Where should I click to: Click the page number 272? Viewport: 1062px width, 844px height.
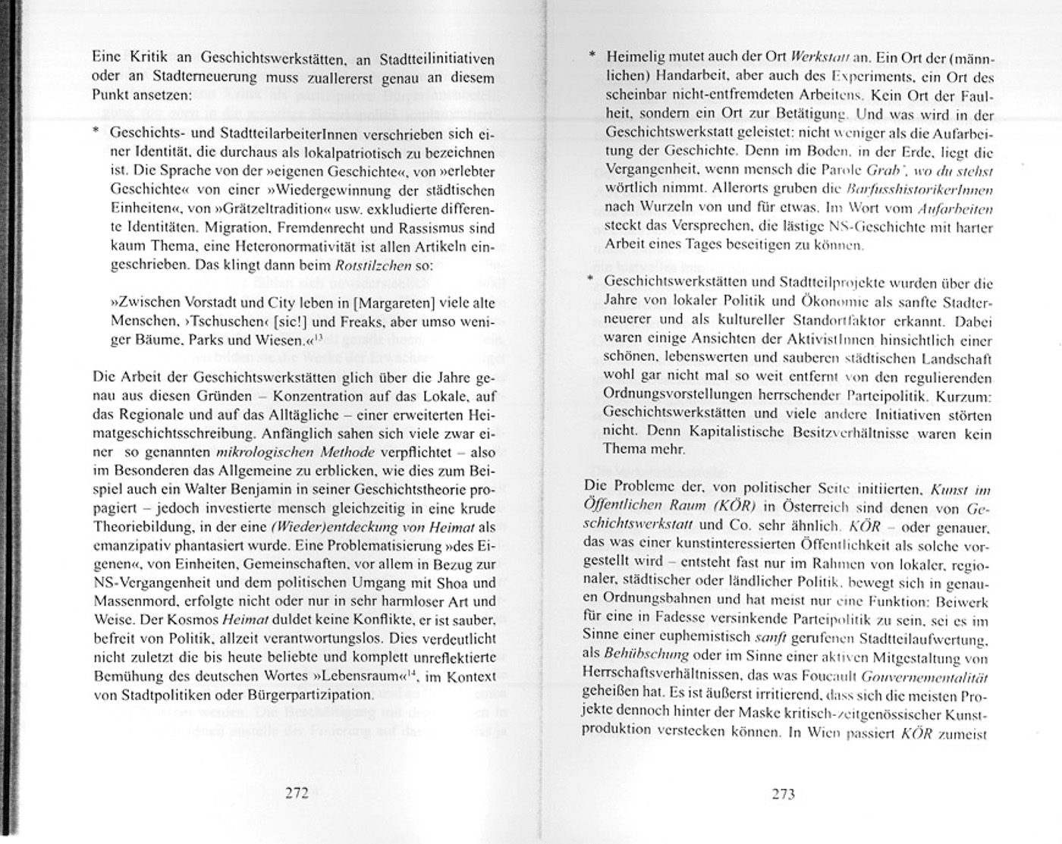(x=296, y=793)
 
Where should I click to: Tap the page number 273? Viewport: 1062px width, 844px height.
(x=783, y=794)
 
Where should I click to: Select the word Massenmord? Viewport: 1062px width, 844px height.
(x=130, y=601)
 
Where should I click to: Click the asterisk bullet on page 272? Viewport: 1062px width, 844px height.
(x=96, y=132)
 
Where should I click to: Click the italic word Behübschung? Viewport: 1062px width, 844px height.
(x=635, y=654)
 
